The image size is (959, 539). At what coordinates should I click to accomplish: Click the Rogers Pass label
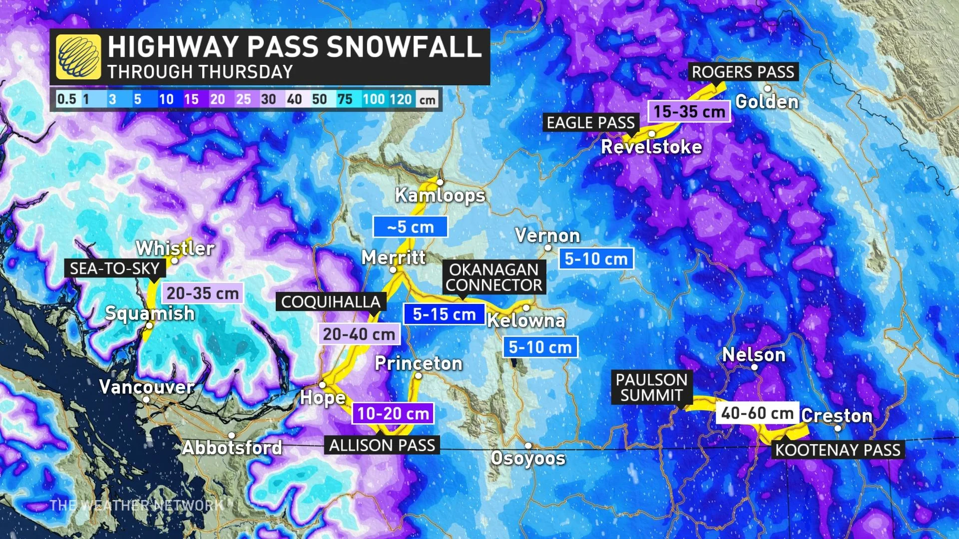[743, 72]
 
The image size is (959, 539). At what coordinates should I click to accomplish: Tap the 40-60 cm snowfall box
[757, 413]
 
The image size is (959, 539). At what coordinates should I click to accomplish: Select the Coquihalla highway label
[331, 302]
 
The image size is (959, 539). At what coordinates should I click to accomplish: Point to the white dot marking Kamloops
[440, 183]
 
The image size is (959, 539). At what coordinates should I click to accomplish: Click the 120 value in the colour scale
[401, 99]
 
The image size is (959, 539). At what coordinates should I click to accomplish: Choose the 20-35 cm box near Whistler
[202, 293]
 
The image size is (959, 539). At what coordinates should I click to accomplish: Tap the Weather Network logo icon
[78, 56]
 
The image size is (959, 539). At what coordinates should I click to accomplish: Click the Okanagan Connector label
[494, 277]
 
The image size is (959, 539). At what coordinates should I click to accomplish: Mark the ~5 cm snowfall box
[410, 227]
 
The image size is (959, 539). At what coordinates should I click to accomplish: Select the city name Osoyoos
[528, 458]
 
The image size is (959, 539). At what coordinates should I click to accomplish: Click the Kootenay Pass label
[838, 450]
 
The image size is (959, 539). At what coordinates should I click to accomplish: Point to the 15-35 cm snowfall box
[689, 111]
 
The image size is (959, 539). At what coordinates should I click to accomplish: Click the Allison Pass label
[382, 445]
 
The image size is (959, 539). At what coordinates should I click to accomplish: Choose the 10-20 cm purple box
[393, 413]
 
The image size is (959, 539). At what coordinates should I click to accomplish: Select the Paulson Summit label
[651, 387]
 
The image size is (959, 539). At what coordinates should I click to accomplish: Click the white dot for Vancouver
[146, 399]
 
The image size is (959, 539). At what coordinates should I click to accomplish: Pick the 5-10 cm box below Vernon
[596, 259]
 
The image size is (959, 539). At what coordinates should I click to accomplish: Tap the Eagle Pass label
[590, 123]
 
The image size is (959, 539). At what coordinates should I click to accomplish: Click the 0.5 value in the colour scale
[66, 99]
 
